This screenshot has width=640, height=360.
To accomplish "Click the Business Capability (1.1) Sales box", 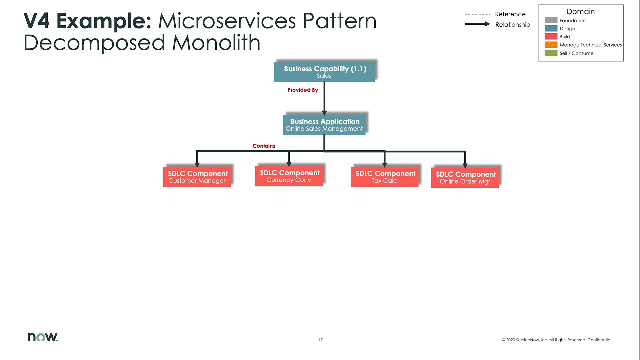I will click(324, 72).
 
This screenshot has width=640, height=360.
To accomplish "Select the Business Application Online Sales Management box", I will click(324, 124).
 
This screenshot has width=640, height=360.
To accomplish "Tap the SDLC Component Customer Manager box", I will click(197, 177).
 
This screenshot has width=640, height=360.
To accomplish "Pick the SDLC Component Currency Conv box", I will click(289, 176).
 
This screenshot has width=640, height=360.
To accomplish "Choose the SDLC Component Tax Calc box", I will click(384, 177).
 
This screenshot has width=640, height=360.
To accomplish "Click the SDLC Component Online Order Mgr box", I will click(465, 177).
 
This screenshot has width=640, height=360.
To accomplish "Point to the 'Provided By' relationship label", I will click(303, 90).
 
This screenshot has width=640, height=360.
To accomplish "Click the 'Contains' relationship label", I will click(264, 146).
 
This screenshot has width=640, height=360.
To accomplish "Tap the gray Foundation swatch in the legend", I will click(551, 21).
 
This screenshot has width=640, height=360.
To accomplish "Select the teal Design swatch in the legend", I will click(551, 29).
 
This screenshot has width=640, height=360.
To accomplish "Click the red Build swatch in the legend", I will click(551, 37).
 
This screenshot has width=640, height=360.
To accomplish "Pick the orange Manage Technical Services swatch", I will click(551, 45).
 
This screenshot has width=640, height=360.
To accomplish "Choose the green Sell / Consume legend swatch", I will click(551, 53).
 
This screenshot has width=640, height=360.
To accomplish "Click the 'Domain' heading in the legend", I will click(581, 11).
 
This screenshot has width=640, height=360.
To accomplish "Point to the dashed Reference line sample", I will click(477, 14).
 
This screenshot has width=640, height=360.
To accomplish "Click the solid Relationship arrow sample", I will click(477, 24).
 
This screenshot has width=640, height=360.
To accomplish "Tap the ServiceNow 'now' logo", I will click(42, 337).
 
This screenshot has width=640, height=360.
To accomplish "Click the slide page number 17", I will click(320, 340).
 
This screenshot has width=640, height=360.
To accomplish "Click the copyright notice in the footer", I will click(557, 340).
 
